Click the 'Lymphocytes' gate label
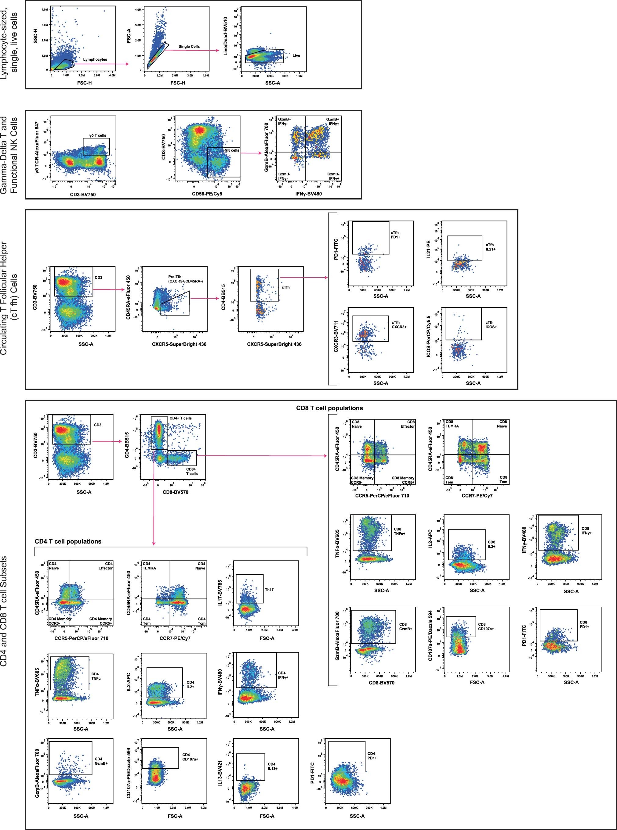tap(95, 59)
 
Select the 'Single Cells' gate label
tap(189, 47)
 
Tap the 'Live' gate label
tap(296, 56)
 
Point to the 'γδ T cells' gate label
tap(97, 135)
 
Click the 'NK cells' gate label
tap(231, 150)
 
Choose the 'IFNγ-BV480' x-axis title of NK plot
tap(308, 194)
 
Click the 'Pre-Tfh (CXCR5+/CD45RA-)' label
tap(185, 279)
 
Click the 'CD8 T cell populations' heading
tap(329, 408)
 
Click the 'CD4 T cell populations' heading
tap(68, 541)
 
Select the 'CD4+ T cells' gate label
tap(180, 418)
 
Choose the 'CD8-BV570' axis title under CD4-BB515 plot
tap(175, 492)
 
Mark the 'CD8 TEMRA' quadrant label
tap(452, 424)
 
